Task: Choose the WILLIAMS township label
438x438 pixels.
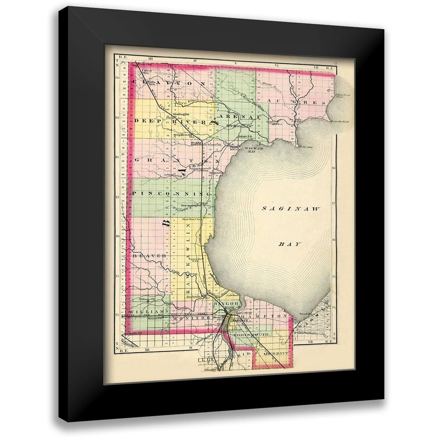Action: click(149, 311)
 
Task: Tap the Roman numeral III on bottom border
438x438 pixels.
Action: click(148, 351)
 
